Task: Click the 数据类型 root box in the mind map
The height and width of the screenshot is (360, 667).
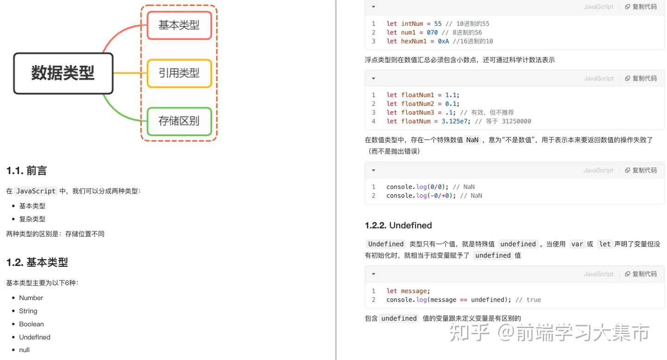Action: coord(63,73)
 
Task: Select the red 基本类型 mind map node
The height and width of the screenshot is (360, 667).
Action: coord(179,25)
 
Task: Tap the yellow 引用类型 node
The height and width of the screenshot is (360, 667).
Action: coord(179,73)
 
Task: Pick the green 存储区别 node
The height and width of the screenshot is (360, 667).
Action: coord(179,121)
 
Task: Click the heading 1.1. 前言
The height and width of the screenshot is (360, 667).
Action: coord(27,171)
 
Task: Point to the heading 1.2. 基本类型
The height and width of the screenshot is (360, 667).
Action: coord(37,262)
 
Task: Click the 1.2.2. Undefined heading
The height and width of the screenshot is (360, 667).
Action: coord(398,226)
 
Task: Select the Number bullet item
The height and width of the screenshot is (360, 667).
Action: coord(31,298)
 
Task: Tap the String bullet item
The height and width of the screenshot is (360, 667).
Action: coord(28,311)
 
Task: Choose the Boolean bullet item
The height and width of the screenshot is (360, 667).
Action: coord(31,324)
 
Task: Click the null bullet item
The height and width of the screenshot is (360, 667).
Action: coord(24,350)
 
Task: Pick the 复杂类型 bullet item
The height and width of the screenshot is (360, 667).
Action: coord(32,219)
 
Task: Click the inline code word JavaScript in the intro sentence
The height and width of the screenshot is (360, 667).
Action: coord(36,191)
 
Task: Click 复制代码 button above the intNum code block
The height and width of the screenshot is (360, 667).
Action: coord(641,7)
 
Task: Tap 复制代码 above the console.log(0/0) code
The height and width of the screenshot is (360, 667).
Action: coord(641,171)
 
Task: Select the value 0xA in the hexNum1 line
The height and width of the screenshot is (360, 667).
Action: coord(443,41)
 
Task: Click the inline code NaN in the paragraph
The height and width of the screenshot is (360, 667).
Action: coord(472,140)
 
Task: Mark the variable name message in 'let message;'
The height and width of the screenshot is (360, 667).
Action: coord(414,291)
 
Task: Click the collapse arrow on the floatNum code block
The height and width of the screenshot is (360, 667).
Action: coord(373,79)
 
